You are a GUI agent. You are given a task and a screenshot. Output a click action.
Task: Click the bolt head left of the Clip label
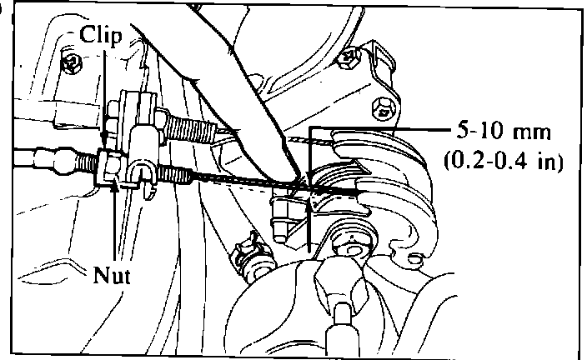coord(73,60)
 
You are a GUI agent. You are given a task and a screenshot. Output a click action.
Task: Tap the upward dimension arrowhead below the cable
coord(309,208)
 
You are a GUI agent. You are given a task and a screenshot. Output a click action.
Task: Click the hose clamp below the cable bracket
coord(251,250)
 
